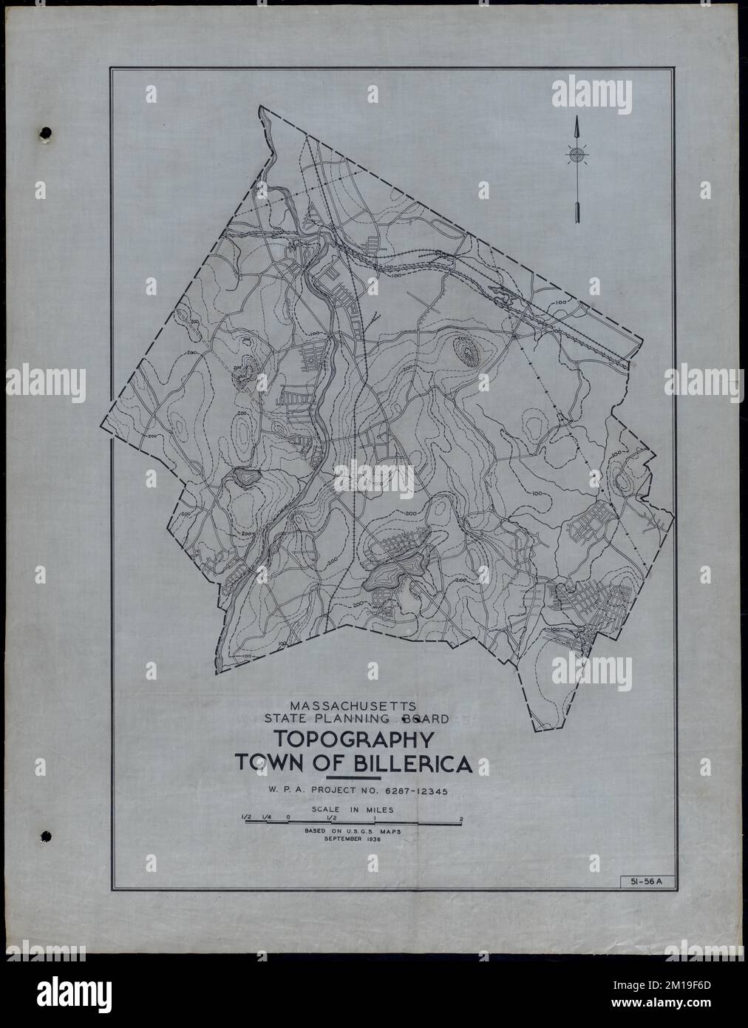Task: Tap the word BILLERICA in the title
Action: (405, 764)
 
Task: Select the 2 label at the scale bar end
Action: (461, 819)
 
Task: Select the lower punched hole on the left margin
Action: (46, 836)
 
